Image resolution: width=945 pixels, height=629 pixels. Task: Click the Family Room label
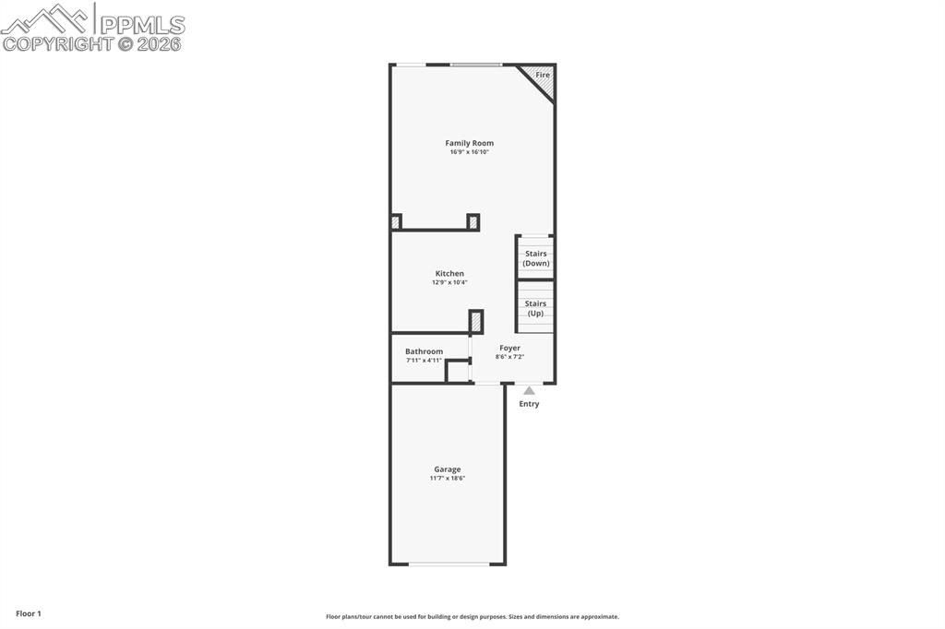(469, 143)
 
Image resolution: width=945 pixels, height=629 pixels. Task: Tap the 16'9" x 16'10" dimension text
(469, 152)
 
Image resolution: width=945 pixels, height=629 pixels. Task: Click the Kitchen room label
(449, 273)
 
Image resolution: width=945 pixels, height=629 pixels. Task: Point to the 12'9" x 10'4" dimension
(449, 282)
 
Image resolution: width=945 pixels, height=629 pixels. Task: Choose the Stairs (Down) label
(535, 258)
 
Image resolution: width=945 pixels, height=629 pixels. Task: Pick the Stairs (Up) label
(535, 308)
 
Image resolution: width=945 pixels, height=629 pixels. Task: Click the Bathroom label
(424, 351)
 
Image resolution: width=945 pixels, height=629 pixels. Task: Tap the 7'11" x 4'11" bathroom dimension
(424, 361)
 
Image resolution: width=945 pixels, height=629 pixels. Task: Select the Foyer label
(509, 348)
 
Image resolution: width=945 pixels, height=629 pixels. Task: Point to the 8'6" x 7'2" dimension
(509, 357)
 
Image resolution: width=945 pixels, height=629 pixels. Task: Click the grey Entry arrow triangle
(529, 391)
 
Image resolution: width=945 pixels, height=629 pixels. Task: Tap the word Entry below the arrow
(529, 404)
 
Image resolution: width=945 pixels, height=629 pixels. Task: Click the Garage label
(448, 469)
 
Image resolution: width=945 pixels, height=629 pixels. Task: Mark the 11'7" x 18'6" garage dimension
(448, 479)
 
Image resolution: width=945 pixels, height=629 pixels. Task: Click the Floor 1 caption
(29, 613)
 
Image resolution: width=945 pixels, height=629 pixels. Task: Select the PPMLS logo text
(142, 24)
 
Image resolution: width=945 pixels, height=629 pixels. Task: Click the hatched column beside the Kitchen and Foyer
(476, 322)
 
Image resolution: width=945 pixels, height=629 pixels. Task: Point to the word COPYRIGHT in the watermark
(57, 43)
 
